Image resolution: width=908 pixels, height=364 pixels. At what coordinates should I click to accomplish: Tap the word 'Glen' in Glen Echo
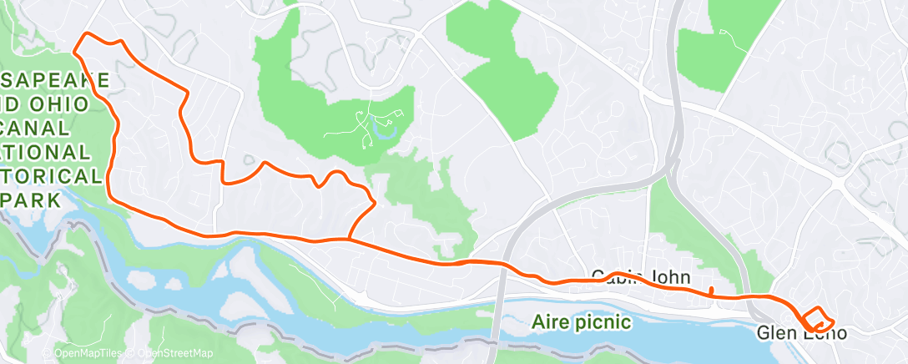775,333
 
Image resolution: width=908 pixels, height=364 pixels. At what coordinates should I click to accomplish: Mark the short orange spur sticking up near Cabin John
710,291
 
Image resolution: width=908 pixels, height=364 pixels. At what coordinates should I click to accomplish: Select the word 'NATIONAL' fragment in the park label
46,153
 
